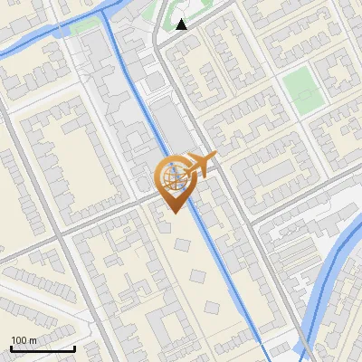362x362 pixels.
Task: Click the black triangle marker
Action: (x=182, y=24)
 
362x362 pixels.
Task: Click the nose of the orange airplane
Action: (x=215, y=158)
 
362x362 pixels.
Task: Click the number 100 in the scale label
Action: (x=18, y=339)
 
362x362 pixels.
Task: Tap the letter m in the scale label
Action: (x=33, y=339)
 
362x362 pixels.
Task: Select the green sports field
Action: (x=302, y=89)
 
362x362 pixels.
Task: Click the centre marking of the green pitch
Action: (x=302, y=89)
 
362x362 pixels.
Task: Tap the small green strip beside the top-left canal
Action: (x=82, y=24)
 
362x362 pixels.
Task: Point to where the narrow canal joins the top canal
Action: (x=109, y=13)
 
